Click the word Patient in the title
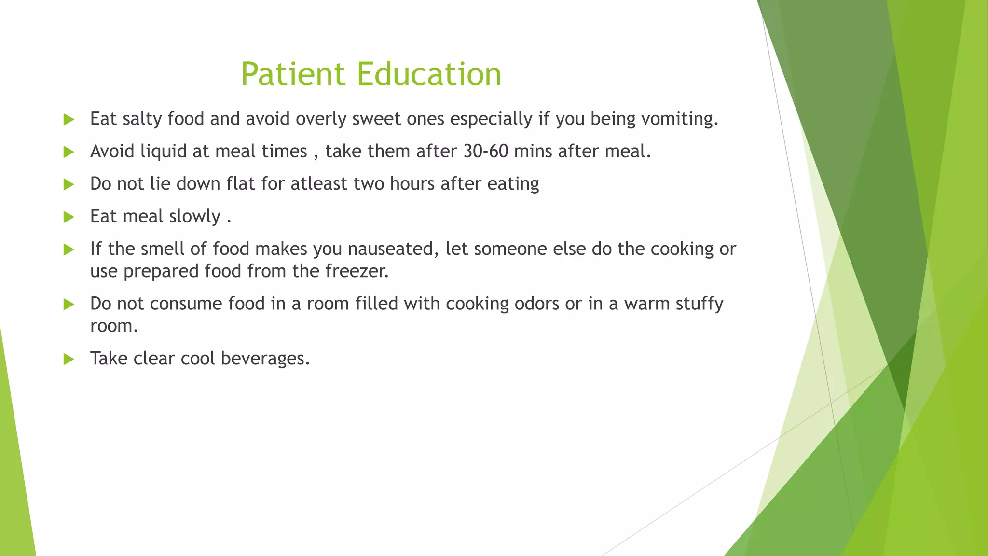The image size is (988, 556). (293, 74)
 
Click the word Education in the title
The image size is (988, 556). (429, 74)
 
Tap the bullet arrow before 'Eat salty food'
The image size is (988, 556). (69, 120)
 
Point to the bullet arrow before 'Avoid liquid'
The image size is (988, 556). (69, 153)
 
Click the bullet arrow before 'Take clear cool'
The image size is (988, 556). (69, 359)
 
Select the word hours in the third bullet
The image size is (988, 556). (412, 184)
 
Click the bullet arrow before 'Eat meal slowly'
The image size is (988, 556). (69, 217)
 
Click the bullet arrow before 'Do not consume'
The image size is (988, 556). (69, 305)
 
